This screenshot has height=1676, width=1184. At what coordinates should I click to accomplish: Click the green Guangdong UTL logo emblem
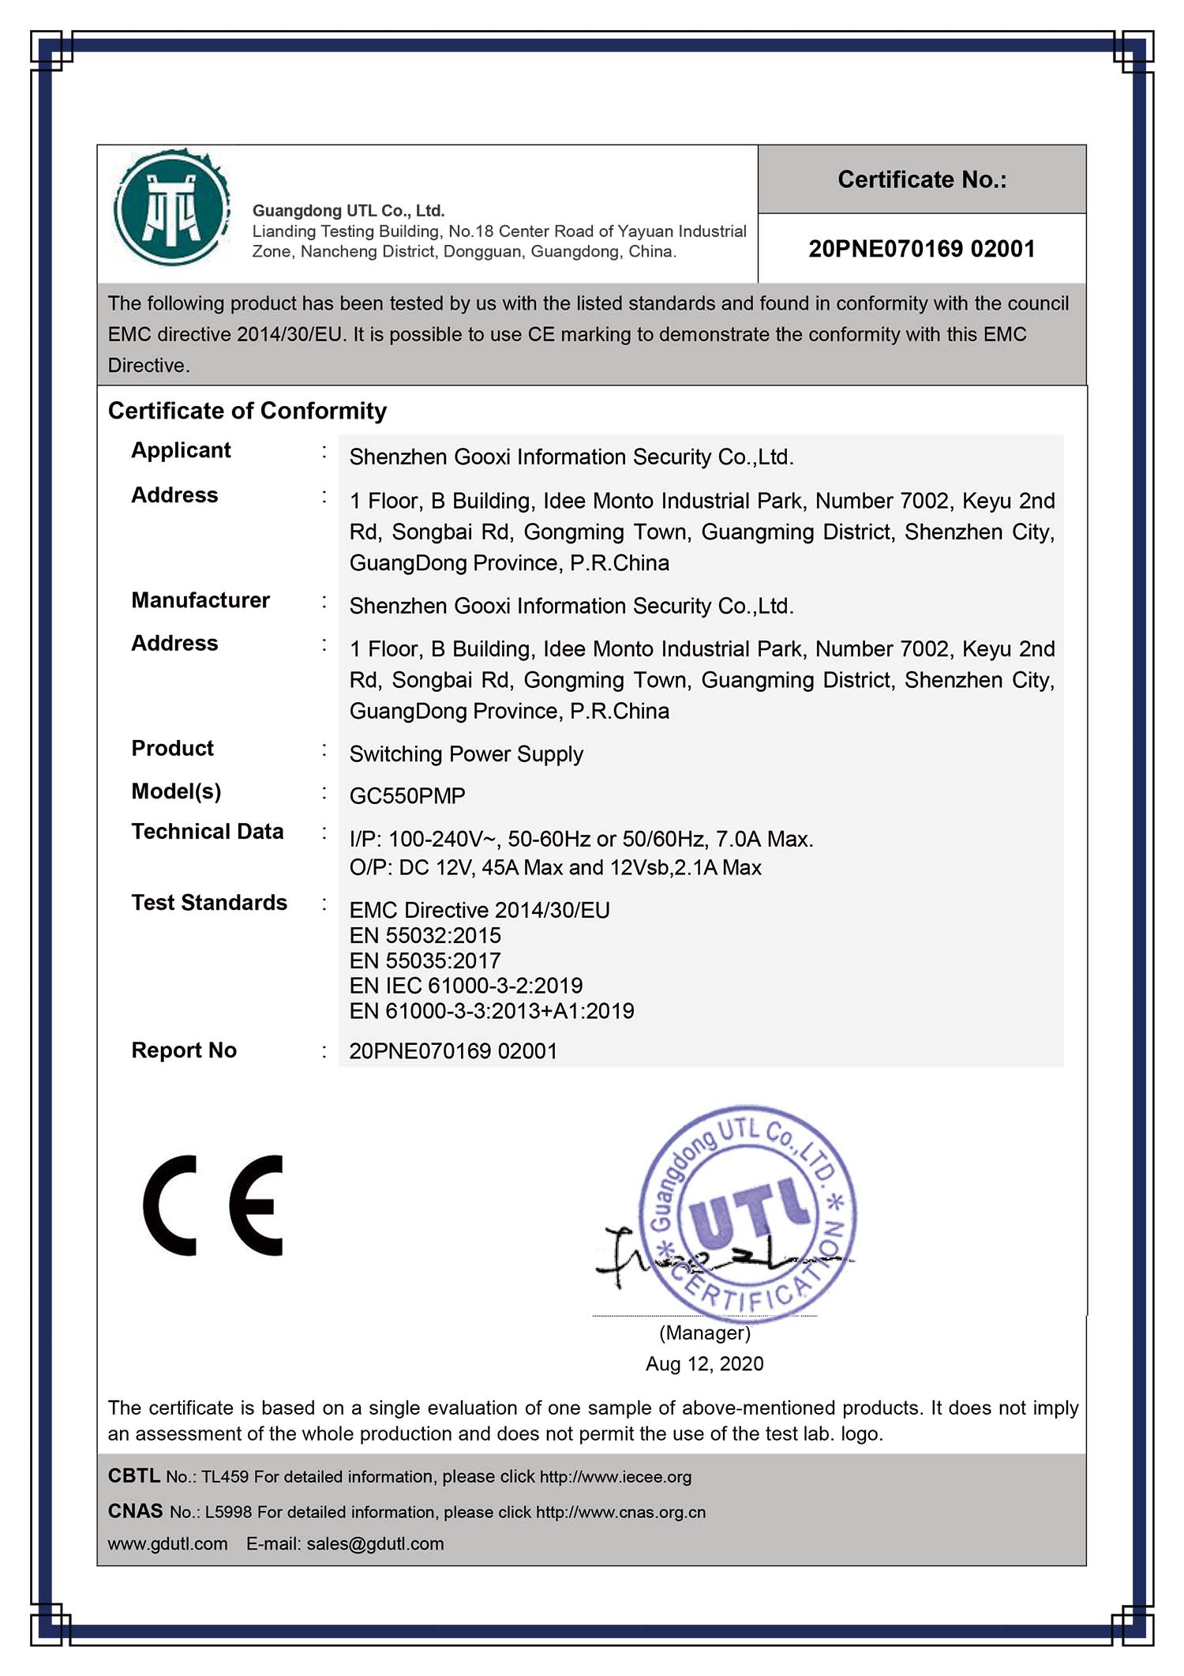[x=171, y=209]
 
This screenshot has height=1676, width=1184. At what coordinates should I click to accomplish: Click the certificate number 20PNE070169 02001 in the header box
[x=921, y=249]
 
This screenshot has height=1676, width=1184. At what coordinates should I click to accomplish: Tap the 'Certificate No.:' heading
[x=921, y=179]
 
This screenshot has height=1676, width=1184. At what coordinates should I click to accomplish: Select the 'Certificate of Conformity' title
[x=247, y=411]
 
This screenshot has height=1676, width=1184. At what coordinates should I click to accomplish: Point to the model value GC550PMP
[x=407, y=795]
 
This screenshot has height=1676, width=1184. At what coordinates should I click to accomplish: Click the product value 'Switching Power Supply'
[x=466, y=754]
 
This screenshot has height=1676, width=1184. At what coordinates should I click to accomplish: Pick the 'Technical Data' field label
[x=207, y=832]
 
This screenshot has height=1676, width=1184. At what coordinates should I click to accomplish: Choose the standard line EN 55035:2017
[x=425, y=960]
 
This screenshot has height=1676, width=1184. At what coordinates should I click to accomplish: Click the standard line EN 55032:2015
[x=425, y=935]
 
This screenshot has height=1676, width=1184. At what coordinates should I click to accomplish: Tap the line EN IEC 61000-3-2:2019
[x=466, y=986]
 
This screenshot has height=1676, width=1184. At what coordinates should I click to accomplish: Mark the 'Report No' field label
[x=184, y=1050]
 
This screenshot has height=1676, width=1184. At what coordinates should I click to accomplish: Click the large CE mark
[x=213, y=1205]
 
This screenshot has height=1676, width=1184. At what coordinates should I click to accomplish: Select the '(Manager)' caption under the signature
[x=704, y=1332]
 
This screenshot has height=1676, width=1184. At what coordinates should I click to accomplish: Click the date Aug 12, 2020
[x=704, y=1363]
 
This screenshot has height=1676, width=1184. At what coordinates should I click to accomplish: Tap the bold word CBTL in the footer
[x=133, y=1475]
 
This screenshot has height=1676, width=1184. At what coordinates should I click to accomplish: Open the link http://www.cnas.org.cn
[x=620, y=1512]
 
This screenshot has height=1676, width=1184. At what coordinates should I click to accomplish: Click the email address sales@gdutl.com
[x=375, y=1543]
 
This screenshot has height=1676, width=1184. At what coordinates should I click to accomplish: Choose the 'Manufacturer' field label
[x=200, y=600]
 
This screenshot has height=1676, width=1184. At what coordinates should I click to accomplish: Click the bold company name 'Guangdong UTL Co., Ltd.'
[x=348, y=211]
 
